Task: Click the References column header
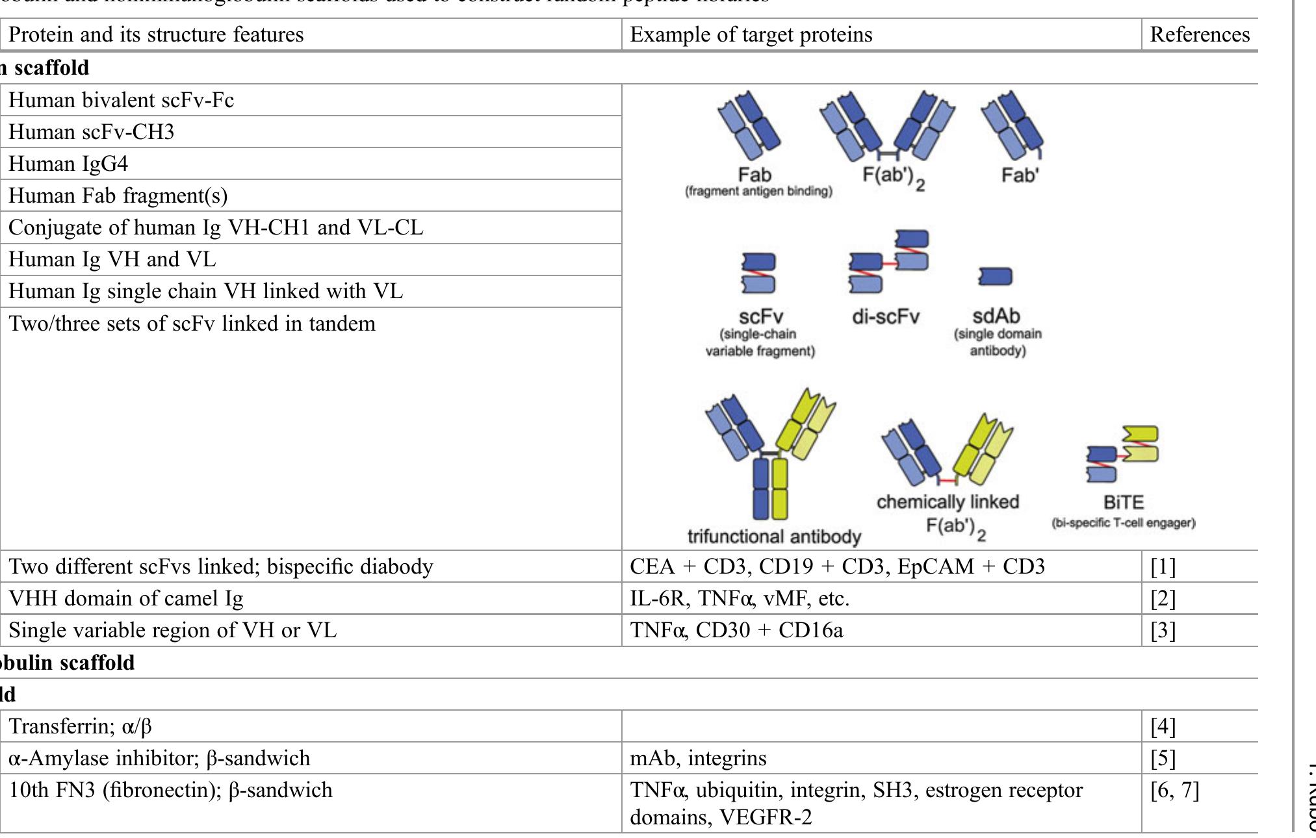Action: point(1199,34)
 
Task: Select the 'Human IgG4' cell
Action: point(68,163)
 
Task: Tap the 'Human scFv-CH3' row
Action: point(91,132)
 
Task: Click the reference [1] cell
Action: point(1163,566)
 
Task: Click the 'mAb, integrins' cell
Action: point(698,757)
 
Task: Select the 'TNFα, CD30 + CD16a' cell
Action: point(736,630)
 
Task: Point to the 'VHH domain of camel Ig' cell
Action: point(125,598)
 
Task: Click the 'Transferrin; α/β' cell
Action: point(80,726)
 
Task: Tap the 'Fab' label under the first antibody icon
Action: point(755,175)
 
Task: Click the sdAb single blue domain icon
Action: point(995,277)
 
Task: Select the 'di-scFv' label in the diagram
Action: point(886,317)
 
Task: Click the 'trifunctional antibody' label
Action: point(774,537)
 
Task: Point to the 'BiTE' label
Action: point(1123,503)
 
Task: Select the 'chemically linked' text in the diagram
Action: point(948,502)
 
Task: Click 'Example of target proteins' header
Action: point(751,34)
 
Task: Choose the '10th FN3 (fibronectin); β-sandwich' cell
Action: point(170,790)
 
